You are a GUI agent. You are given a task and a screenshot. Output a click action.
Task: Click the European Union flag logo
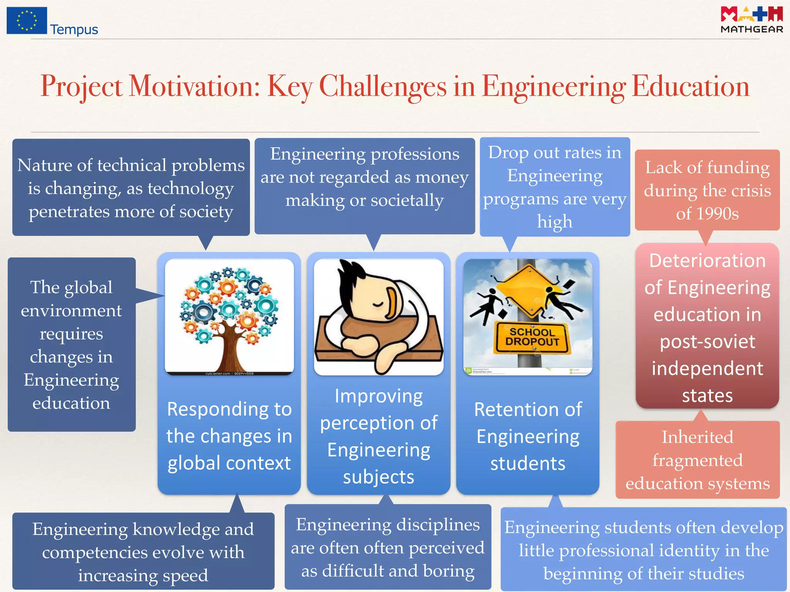27,20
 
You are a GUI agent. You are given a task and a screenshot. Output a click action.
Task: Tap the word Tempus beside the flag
74,30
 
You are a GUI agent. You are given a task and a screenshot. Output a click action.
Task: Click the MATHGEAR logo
751,20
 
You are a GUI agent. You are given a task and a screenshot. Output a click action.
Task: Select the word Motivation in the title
194,86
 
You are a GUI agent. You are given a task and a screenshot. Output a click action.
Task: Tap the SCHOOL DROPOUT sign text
532,337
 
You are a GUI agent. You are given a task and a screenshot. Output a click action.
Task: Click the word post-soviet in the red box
707,341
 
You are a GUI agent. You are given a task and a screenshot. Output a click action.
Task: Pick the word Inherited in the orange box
697,437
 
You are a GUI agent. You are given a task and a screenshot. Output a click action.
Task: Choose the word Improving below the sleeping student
378,396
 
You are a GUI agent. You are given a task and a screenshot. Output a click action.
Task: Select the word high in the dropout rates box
554,222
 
